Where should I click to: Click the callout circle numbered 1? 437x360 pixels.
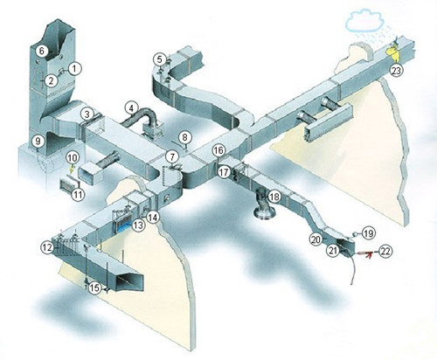[74, 69]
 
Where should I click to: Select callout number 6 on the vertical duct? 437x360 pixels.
[42, 52]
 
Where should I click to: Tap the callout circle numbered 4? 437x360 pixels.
[131, 108]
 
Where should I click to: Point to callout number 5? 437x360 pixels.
[159, 59]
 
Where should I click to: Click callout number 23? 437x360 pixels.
[397, 71]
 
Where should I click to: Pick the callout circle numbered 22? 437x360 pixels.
[385, 252]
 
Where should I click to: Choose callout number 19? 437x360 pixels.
[369, 233]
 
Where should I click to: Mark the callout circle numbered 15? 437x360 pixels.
[94, 288]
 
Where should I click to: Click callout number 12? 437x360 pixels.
[47, 247]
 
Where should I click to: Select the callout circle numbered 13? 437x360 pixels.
[139, 225]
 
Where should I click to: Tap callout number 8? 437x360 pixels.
[184, 137]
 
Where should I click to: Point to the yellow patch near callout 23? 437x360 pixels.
[393, 52]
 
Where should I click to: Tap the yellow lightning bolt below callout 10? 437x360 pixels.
[71, 170]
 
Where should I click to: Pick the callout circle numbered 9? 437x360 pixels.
[38, 142]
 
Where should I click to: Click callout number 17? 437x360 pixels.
[224, 172]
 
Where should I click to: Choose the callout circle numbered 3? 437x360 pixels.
[87, 114]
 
